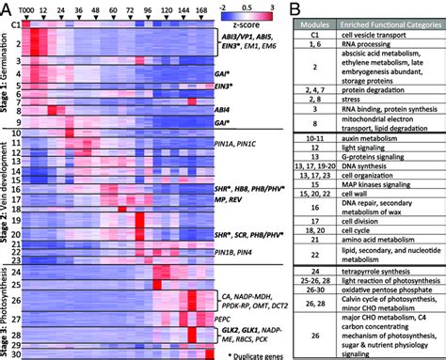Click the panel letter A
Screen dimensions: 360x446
(x=6, y=8)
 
